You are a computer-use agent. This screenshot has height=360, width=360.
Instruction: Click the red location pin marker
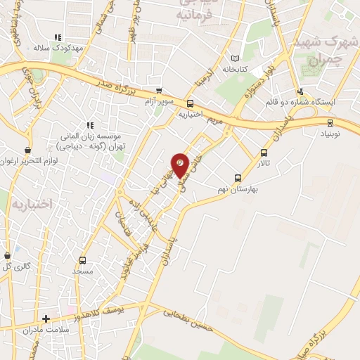[181, 165]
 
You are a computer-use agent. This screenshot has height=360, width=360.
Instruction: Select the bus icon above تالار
[264, 153]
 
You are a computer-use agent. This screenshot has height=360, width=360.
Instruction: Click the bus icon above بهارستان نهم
[238, 178]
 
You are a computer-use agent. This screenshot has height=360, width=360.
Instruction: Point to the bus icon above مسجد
[83, 260]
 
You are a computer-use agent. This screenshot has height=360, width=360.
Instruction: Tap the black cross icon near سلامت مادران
[46, 319]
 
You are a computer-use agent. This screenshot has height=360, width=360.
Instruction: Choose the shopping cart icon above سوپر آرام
[159, 91]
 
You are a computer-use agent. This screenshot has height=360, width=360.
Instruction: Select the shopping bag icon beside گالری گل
[8, 256]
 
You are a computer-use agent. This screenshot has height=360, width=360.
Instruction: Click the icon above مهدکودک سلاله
[58, 38]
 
